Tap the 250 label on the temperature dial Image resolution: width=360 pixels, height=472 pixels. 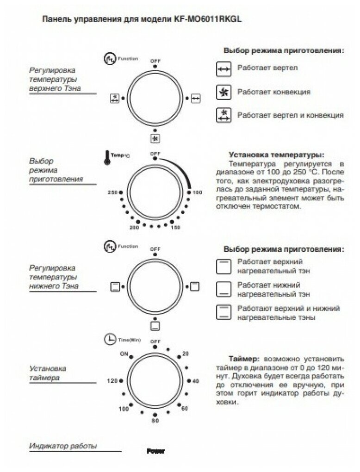(112, 192)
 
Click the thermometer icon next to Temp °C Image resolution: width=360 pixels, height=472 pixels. (107, 158)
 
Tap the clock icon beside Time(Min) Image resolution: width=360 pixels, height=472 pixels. (110, 339)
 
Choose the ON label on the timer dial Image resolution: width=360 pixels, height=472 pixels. (123, 354)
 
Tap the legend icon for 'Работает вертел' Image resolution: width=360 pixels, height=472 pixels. (223, 69)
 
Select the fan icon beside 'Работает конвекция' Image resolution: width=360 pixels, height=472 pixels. (223, 92)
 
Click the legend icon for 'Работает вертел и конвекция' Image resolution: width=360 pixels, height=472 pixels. (223, 115)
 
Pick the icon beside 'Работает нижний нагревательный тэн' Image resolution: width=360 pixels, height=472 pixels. (223, 288)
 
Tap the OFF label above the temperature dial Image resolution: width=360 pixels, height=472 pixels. (155, 153)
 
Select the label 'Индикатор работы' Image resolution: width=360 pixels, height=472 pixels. (63, 446)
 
